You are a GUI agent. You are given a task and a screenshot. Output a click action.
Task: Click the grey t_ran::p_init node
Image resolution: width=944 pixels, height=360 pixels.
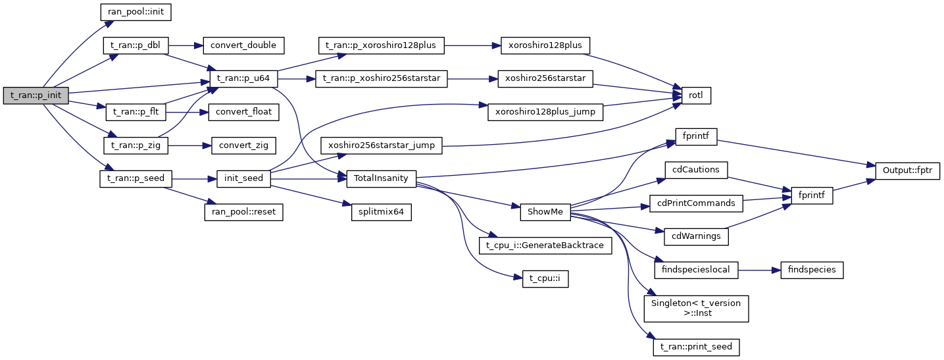[x=36, y=95]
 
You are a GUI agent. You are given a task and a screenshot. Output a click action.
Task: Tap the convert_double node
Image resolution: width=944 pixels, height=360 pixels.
[x=243, y=45]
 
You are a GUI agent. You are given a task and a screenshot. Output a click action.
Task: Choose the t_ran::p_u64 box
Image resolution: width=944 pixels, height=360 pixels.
[x=243, y=79]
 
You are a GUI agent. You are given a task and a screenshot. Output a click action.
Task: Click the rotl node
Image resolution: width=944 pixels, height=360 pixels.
[x=697, y=95]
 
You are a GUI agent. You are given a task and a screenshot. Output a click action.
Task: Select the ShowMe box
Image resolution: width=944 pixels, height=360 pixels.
[x=544, y=212]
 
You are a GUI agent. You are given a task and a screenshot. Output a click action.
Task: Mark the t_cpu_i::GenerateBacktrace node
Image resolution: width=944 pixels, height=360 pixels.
[x=545, y=245]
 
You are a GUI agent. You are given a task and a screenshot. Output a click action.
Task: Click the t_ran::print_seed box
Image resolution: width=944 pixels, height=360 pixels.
[x=697, y=346]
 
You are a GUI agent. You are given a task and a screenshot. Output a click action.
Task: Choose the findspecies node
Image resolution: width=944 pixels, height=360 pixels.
[x=810, y=270]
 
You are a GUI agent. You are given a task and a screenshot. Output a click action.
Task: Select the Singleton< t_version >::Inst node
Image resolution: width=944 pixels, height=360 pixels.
[x=697, y=308]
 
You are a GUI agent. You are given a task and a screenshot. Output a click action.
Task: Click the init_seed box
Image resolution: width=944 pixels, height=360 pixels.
[x=244, y=178]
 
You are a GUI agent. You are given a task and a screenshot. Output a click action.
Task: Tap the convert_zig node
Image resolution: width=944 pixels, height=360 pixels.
[x=243, y=145]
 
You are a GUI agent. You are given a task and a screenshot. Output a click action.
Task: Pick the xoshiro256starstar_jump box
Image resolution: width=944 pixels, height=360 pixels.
[x=381, y=145]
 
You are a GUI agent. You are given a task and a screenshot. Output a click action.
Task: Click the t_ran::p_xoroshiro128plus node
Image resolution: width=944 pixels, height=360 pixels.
[x=381, y=45]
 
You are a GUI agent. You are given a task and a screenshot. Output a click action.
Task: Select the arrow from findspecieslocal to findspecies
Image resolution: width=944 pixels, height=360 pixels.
[x=758, y=270]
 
